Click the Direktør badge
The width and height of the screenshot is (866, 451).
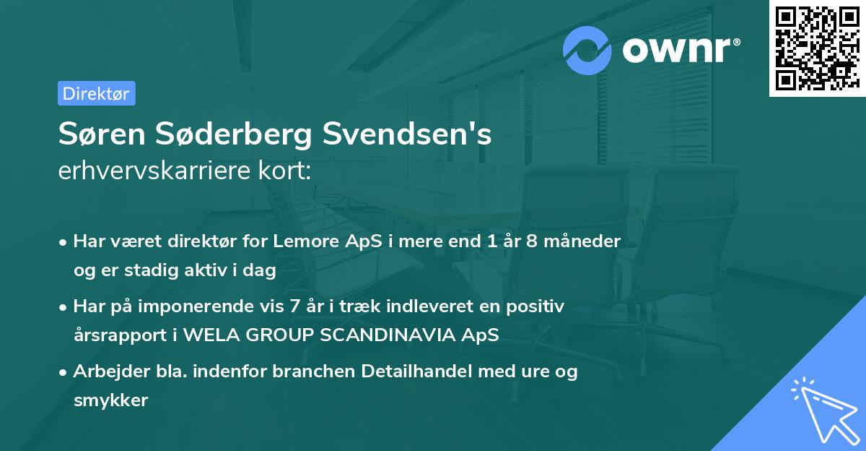[96, 93]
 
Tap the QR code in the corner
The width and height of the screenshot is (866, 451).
[817, 48]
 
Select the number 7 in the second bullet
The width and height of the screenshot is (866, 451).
[294, 306]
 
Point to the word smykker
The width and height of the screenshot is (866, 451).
[110, 400]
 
